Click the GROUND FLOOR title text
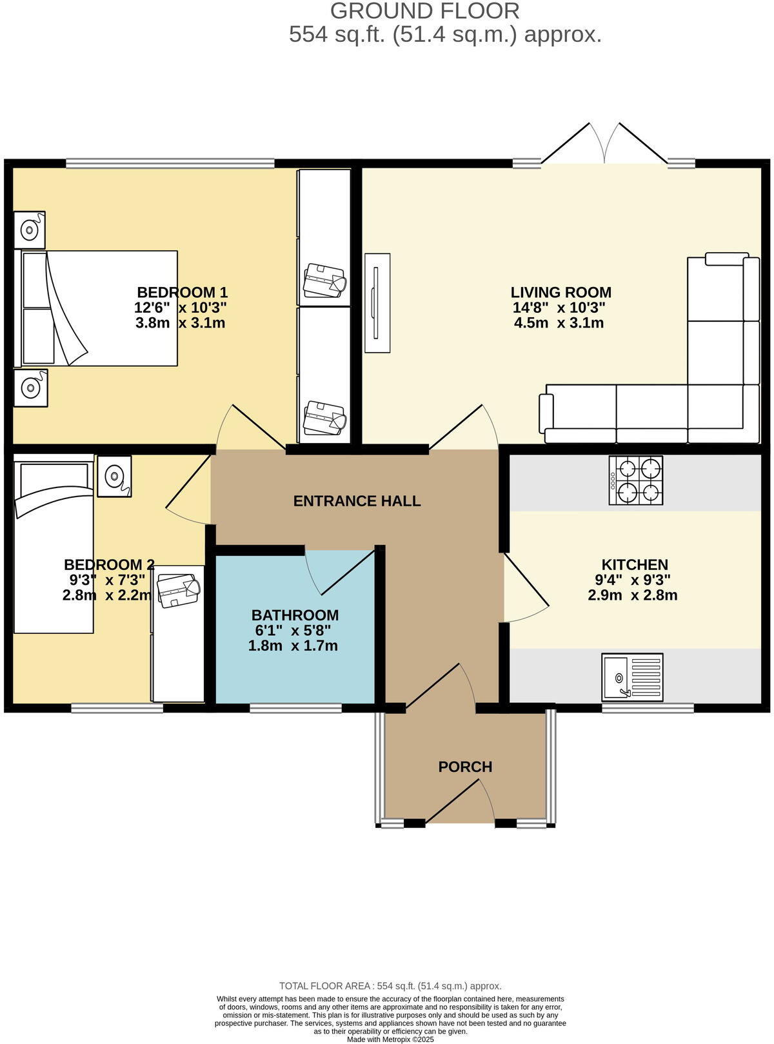(x=424, y=11)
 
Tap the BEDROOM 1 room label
(x=182, y=292)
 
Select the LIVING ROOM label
(x=561, y=292)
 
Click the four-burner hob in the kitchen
(x=636, y=481)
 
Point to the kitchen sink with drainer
(x=632, y=677)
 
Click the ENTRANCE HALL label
(x=357, y=501)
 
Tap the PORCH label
(x=465, y=767)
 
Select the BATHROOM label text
(x=295, y=615)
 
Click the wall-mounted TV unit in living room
(x=377, y=303)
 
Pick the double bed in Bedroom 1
(x=97, y=308)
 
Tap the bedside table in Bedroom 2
(x=114, y=477)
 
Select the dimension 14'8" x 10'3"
(x=559, y=308)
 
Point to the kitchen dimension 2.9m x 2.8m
(x=632, y=595)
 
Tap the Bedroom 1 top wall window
(x=170, y=164)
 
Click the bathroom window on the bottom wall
(x=295, y=708)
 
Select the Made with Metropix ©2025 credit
(x=390, y=1039)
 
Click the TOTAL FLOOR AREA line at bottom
(x=390, y=986)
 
